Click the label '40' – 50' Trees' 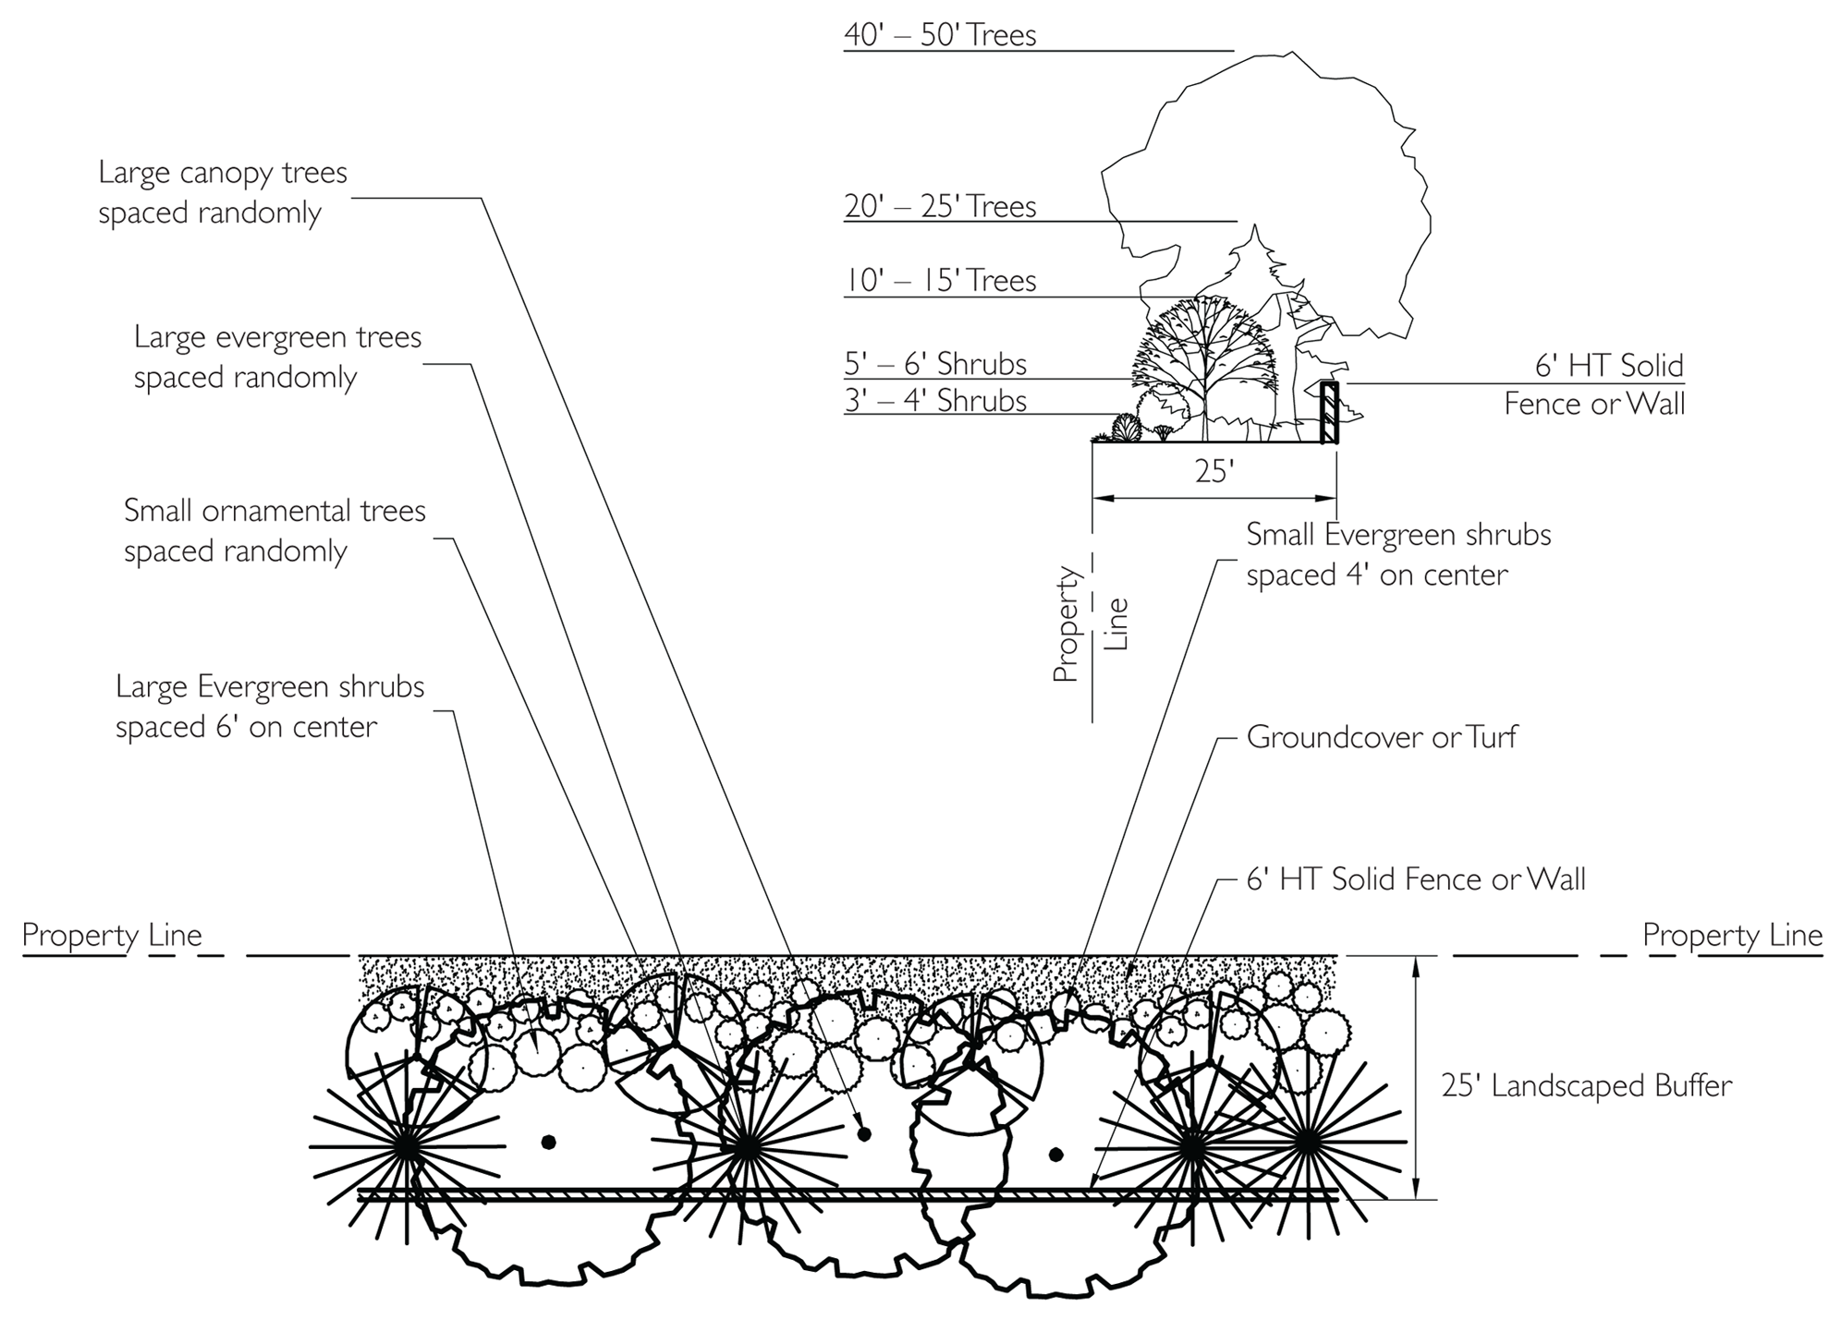click(x=940, y=35)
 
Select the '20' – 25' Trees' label click(x=940, y=206)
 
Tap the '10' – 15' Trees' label click(x=940, y=280)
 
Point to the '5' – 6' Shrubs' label click(x=935, y=364)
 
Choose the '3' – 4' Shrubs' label click(x=935, y=401)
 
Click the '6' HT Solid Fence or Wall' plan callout click(x=1416, y=879)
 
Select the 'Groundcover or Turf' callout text click(x=1382, y=737)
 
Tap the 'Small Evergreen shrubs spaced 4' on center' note click(x=1397, y=554)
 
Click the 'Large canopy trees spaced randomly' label click(x=223, y=192)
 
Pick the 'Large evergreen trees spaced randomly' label click(x=277, y=357)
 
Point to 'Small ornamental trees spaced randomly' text click(x=274, y=530)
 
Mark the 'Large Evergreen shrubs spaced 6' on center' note click(x=270, y=707)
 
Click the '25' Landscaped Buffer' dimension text click(x=1586, y=1085)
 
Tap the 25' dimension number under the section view click(x=1214, y=472)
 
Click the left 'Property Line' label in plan click(x=112, y=935)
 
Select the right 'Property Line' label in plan click(x=1732, y=935)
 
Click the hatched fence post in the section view click(x=1329, y=412)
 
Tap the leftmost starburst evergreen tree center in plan click(x=407, y=1146)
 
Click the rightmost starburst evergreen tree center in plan click(x=1306, y=1144)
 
